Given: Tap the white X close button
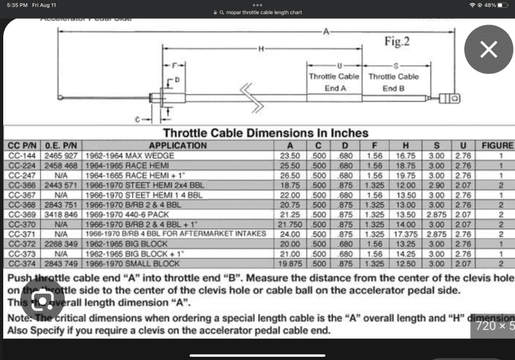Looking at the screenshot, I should [x=489, y=50].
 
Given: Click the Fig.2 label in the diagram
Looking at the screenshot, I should [x=397, y=43].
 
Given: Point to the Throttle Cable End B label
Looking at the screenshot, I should [x=393, y=82].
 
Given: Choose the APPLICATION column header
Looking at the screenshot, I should [x=178, y=146].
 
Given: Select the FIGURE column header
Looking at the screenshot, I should [x=497, y=146].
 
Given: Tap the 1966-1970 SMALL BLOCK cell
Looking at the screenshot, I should [x=125, y=263].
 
